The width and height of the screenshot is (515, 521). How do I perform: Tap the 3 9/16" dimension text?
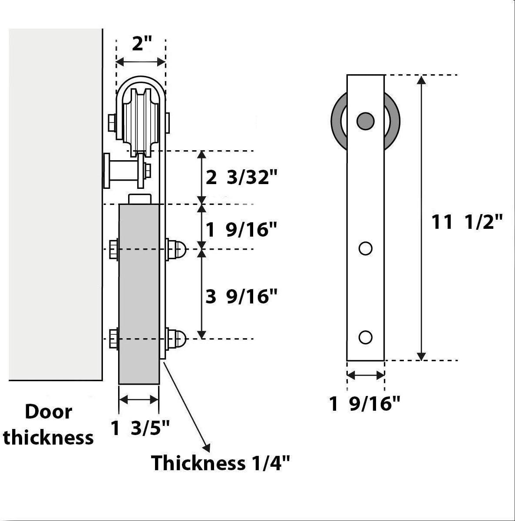click(241, 297)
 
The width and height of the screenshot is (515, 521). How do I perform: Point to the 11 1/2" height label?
click(466, 223)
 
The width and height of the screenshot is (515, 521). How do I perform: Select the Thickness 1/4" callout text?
click(220, 463)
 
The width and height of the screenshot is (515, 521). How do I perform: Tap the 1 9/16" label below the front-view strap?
click(364, 404)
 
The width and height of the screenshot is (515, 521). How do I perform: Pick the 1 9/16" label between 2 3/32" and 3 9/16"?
click(241, 230)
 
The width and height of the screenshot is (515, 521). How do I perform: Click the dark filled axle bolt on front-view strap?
click(365, 121)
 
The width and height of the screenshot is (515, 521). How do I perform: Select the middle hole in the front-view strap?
click(365, 248)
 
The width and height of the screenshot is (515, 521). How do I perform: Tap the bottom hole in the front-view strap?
click(365, 337)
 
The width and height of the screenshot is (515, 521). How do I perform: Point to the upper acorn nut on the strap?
click(178, 249)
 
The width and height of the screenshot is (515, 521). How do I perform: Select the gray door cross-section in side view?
click(139, 295)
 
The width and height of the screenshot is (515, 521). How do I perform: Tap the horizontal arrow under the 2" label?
click(141, 63)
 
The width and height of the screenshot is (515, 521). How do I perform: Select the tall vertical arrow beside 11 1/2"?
click(420, 217)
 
